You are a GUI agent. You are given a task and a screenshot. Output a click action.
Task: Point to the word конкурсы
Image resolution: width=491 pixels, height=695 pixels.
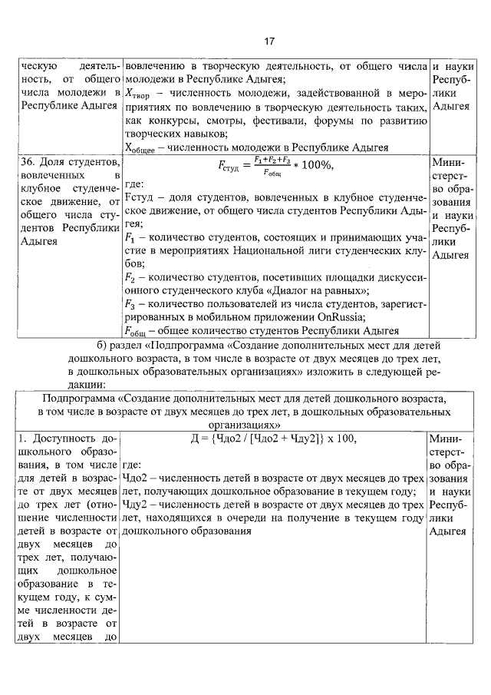[x=165, y=121]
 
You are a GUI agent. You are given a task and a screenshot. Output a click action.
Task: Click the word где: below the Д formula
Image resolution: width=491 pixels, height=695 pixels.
[x=134, y=465]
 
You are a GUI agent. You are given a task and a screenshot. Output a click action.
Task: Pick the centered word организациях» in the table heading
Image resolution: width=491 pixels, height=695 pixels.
[x=245, y=423]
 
